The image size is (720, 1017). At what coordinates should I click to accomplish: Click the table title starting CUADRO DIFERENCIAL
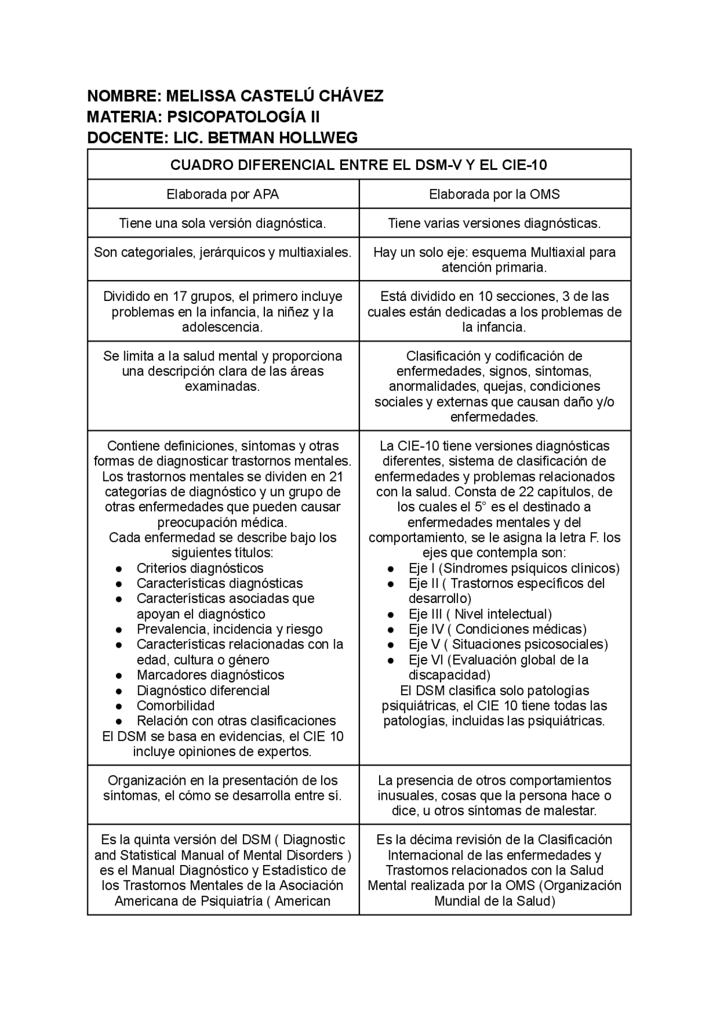pyautogui.click(x=359, y=165)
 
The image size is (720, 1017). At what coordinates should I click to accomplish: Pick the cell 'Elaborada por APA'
pyautogui.click(x=223, y=195)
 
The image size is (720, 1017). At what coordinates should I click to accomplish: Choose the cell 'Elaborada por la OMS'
pyautogui.click(x=494, y=195)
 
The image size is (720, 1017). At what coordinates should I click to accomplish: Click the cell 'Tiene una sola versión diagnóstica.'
pyautogui.click(x=223, y=223)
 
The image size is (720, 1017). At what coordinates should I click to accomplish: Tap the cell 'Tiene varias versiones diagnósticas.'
pyautogui.click(x=494, y=223)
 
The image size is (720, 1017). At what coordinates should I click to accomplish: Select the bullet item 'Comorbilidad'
pyautogui.click(x=175, y=706)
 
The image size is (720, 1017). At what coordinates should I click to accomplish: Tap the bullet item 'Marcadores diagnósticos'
pyautogui.click(x=210, y=675)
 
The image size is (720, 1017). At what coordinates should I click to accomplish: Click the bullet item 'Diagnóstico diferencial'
pyautogui.click(x=203, y=691)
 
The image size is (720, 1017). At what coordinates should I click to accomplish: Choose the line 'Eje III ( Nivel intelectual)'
pyautogui.click(x=480, y=614)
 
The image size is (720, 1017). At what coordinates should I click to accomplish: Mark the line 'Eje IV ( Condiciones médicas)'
pyautogui.click(x=497, y=629)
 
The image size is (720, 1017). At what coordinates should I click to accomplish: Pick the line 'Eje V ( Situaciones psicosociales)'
pyautogui.click(x=508, y=645)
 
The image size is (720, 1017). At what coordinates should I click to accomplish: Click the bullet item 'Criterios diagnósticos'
pyautogui.click(x=200, y=568)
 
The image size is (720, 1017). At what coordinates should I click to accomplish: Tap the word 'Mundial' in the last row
pyautogui.click(x=456, y=901)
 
